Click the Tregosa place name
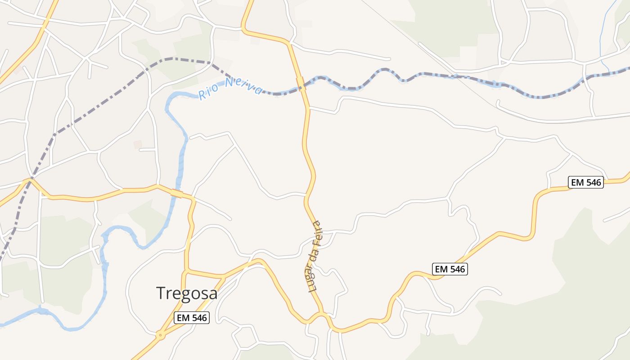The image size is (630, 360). click(187, 293)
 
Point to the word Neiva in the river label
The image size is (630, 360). click(243, 85)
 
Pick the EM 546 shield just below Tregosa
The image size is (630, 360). click(192, 318)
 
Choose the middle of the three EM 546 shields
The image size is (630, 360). click(450, 269)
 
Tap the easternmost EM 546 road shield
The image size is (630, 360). click(585, 182)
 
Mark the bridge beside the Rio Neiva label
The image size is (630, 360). click(301, 83)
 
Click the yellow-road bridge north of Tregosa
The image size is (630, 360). click(177, 193)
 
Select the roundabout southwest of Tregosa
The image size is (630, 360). click(160, 335)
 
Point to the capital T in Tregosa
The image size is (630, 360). click(161, 293)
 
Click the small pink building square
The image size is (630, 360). click(138, 144)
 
